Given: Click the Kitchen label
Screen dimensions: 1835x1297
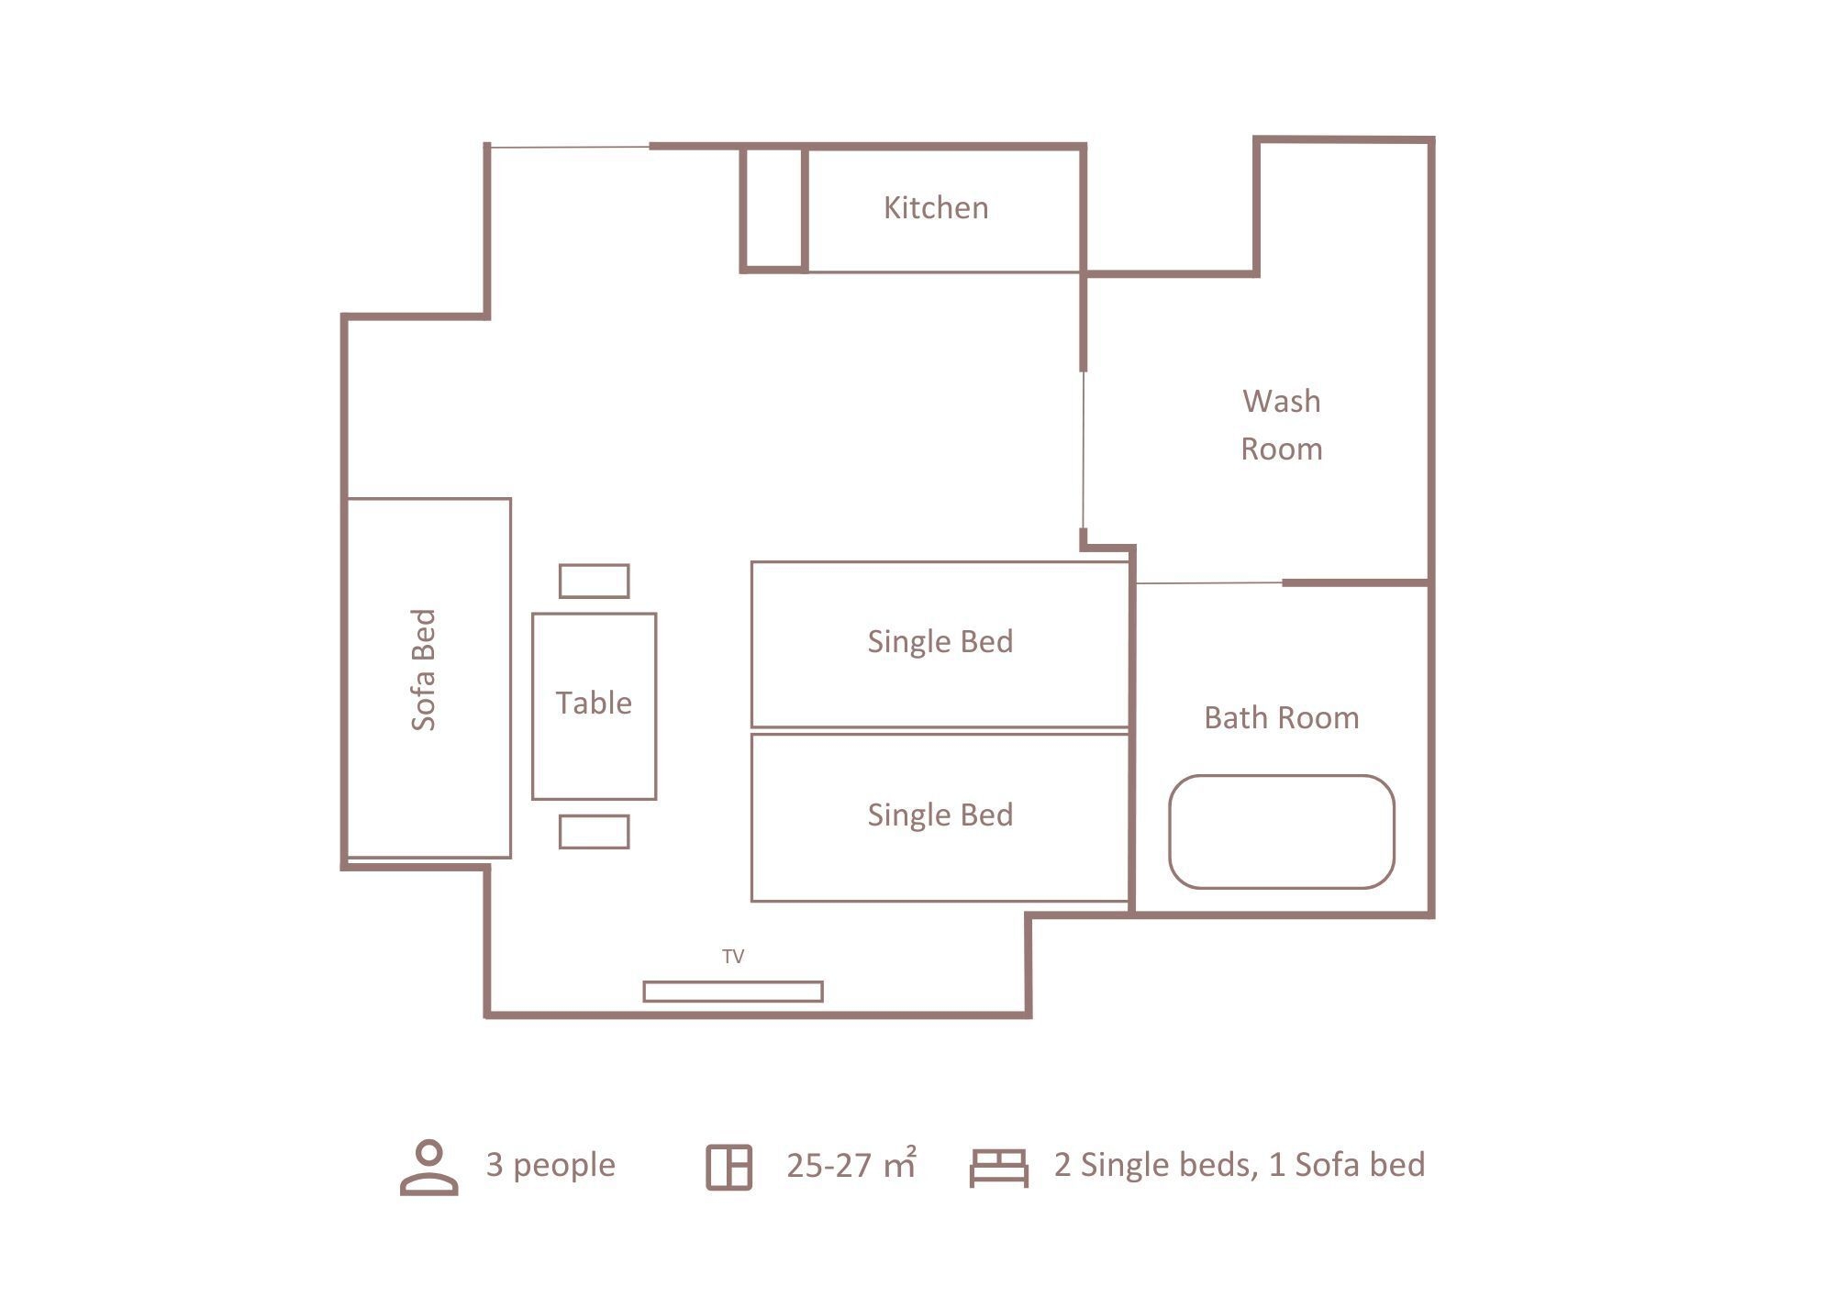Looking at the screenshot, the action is click(936, 208).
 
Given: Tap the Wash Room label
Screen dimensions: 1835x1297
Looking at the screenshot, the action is click(1282, 425).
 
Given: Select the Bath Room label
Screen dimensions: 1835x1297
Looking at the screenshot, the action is click(1282, 717).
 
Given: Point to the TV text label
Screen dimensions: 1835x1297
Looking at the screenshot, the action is click(733, 957).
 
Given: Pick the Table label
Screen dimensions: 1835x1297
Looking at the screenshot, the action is click(594, 703).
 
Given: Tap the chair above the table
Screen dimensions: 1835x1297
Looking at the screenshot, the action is click(595, 581).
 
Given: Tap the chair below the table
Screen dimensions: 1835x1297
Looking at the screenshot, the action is click(595, 832).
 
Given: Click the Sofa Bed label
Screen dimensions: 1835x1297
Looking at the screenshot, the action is click(423, 670).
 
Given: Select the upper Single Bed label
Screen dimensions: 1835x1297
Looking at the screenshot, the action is click(940, 641).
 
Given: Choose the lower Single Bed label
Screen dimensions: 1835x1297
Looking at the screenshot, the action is click(940, 815).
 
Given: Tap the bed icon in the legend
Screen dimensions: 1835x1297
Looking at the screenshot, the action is click(999, 1168).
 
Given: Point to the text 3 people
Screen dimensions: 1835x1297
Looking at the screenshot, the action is click(550, 1165).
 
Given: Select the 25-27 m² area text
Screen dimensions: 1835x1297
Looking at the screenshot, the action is click(851, 1164).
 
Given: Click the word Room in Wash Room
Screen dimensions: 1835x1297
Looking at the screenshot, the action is click(1282, 449).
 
